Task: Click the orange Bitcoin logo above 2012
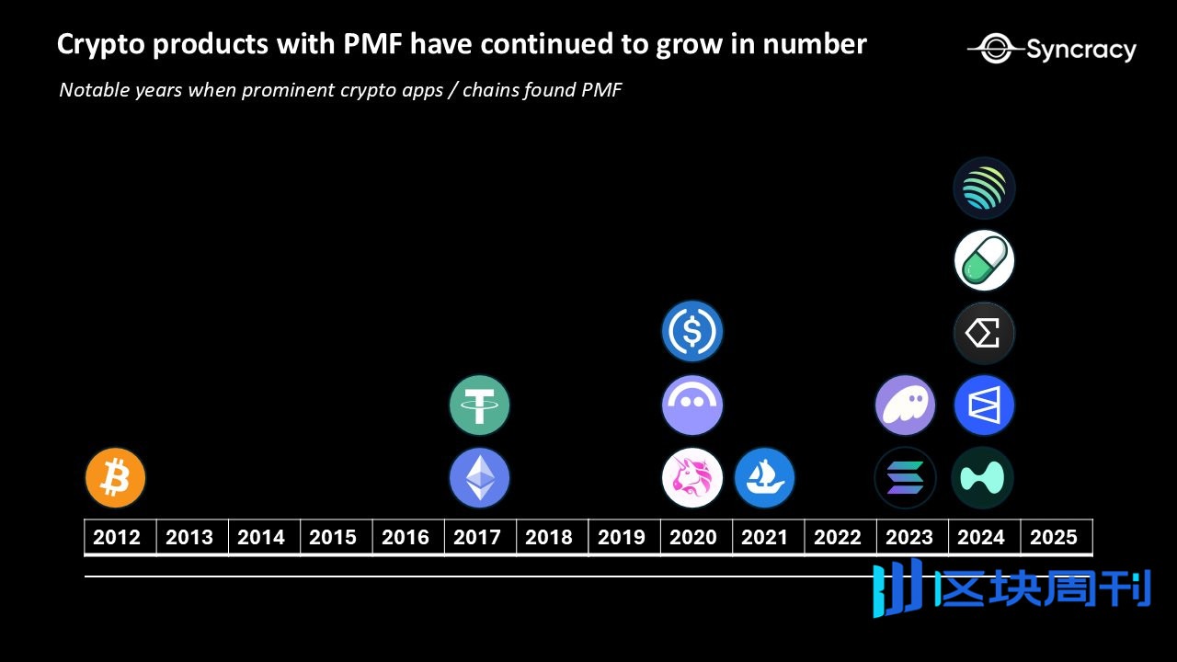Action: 116,478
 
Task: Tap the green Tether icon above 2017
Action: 479,405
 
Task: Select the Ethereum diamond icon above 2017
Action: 479,478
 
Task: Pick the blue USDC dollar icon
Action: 692,331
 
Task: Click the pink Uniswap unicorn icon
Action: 692,478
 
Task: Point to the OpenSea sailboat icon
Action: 764,478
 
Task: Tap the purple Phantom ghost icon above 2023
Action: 906,405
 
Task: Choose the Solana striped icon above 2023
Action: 906,478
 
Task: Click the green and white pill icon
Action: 984,261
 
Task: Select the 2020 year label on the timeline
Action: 692,537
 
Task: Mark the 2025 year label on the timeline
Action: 1054,537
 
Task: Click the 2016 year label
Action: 405,537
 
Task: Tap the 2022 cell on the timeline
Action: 837,537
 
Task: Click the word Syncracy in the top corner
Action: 1080,50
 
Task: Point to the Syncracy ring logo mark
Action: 995,49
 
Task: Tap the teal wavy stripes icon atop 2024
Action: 984,188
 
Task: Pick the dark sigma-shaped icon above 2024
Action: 984,333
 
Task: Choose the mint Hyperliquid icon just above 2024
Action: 984,478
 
